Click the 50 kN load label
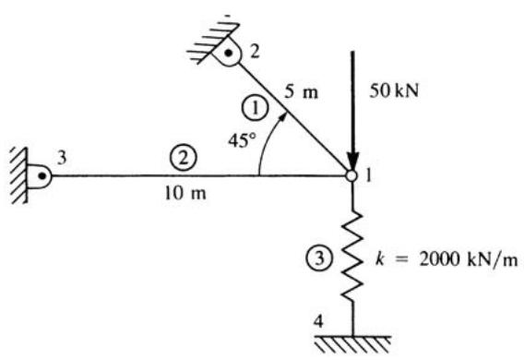click(394, 90)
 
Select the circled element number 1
click(256, 109)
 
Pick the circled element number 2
click(183, 159)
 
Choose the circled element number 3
click(320, 258)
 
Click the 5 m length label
click(302, 91)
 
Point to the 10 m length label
click(185, 193)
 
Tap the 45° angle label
click(243, 140)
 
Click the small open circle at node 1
click(351, 175)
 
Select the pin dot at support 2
click(228, 53)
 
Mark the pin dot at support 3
click(42, 175)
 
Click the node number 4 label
click(319, 321)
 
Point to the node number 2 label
click(255, 52)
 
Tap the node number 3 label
click(62, 158)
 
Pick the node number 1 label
click(369, 175)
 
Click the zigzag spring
click(351, 256)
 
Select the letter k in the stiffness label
click(379, 258)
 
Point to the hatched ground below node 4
click(353, 344)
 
